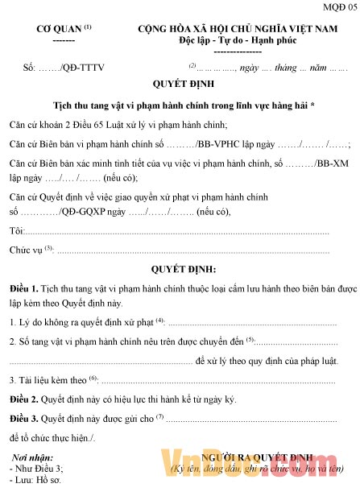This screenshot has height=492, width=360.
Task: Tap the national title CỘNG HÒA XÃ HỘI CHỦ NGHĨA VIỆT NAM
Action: tap(237, 28)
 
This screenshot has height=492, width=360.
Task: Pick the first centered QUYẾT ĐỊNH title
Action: tap(180, 85)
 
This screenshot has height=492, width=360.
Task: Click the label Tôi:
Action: tap(16, 231)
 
